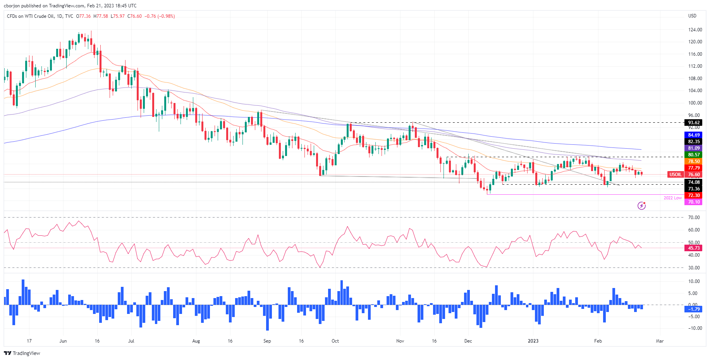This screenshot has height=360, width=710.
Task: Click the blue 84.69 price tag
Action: (x=694, y=135)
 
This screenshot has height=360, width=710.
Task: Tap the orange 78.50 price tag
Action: (x=694, y=161)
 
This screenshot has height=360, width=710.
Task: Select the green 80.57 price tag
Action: (x=694, y=155)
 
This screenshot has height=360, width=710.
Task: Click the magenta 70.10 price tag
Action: (x=694, y=202)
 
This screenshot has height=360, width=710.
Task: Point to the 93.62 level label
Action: (x=694, y=123)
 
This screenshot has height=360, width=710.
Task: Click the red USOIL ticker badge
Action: (x=676, y=175)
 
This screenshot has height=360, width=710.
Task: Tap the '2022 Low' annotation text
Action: (x=672, y=198)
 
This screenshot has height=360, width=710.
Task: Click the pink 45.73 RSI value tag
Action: (x=694, y=248)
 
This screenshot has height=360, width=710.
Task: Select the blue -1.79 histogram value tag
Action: (x=694, y=309)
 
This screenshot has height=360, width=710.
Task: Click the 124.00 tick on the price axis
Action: (x=695, y=30)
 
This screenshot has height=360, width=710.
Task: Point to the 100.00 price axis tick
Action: (x=695, y=103)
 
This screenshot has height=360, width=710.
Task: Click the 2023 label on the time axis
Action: (x=533, y=341)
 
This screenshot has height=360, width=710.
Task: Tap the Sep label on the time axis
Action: (x=267, y=341)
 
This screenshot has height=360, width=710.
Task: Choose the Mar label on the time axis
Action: (x=659, y=341)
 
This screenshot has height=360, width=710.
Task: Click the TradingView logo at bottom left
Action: (x=22, y=353)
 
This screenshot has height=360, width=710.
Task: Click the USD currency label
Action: (x=692, y=16)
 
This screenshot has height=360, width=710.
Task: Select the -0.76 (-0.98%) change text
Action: (x=160, y=16)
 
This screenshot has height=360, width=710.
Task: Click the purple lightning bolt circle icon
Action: (x=641, y=206)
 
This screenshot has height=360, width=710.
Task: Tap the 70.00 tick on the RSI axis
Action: (x=693, y=218)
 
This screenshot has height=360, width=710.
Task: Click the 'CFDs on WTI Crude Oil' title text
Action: (x=31, y=16)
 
